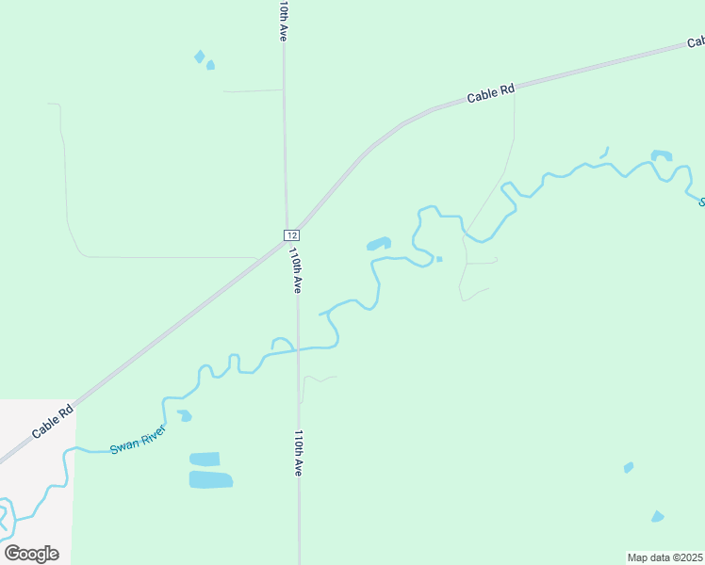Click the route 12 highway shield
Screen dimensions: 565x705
click(291, 234)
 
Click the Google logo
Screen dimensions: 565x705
click(31, 553)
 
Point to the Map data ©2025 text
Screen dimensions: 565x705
click(664, 557)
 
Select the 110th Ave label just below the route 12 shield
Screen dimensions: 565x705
click(295, 270)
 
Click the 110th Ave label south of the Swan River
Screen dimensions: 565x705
click(298, 453)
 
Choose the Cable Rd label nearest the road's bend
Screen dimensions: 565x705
click(492, 93)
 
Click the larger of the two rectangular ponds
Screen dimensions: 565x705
click(210, 479)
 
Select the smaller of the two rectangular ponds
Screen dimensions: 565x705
click(205, 460)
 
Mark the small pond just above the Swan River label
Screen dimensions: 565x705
click(185, 415)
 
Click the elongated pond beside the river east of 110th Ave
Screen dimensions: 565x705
click(379, 244)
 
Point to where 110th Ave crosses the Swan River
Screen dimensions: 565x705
click(299, 348)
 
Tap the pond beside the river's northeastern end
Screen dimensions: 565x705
click(662, 154)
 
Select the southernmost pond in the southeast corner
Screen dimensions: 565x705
click(657, 516)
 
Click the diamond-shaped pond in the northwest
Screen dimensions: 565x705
click(200, 56)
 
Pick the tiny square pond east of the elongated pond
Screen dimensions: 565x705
click(439, 259)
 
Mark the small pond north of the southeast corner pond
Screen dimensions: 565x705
click(629, 467)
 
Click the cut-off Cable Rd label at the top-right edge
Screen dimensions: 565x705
click(696, 42)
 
